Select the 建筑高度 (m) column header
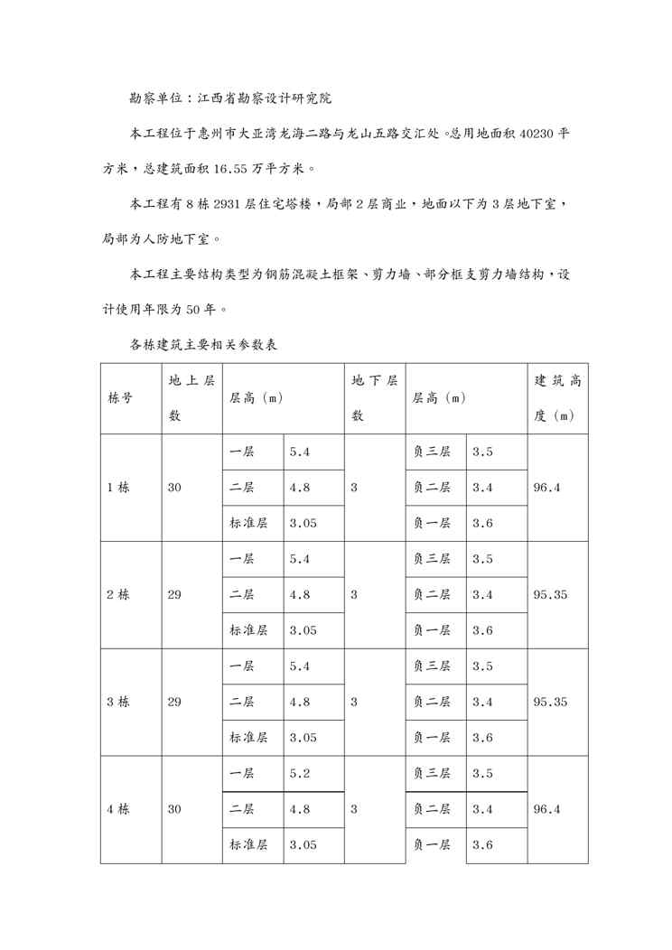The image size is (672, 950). (x=557, y=398)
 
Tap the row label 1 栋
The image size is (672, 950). (x=118, y=488)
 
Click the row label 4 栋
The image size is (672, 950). (x=118, y=809)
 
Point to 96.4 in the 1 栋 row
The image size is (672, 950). (x=547, y=488)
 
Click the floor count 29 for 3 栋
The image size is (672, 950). (x=174, y=702)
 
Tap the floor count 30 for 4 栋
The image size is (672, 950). (x=174, y=809)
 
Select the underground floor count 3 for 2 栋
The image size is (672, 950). (x=354, y=595)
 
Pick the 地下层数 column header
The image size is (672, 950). (x=374, y=398)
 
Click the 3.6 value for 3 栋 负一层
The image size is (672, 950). (x=482, y=738)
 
